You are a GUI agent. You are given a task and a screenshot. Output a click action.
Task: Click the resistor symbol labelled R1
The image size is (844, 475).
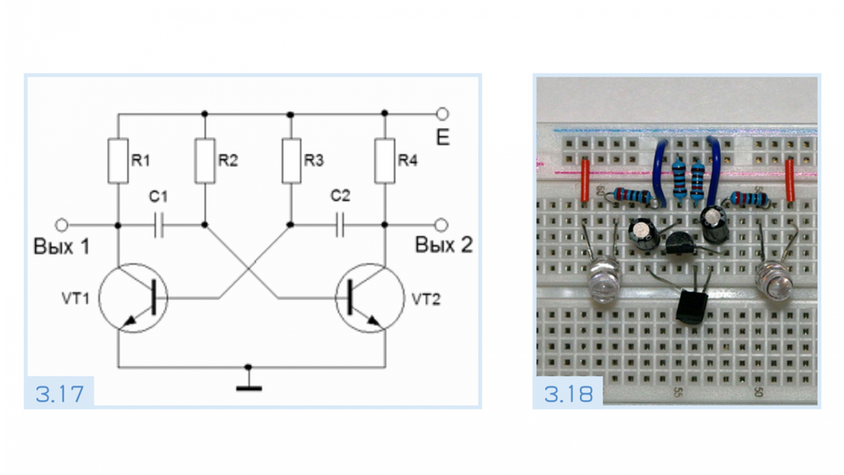click(x=119, y=162)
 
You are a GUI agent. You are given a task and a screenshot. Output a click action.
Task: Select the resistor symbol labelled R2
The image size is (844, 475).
click(x=205, y=162)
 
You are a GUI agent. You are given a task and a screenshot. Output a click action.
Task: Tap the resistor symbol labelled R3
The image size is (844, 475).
click(x=291, y=162)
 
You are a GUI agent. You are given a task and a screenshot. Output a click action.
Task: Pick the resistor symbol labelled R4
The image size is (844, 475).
click(x=386, y=162)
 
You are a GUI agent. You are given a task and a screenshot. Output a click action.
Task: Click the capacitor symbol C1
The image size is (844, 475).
click(x=160, y=225)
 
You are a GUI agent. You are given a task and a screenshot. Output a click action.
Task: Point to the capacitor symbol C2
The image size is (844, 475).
click(x=341, y=225)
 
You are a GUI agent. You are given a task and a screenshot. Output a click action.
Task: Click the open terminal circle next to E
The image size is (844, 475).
click(x=442, y=113)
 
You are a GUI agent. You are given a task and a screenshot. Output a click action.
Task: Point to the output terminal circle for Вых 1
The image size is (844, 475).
click(x=61, y=225)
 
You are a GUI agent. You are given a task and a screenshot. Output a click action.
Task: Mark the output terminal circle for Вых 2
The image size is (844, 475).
click(x=442, y=225)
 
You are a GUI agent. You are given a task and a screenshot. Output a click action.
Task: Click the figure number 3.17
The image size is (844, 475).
click(x=59, y=394)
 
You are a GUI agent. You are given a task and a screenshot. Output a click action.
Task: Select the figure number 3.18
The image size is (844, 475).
click(x=568, y=394)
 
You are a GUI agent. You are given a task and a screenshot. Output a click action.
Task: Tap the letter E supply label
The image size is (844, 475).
click(x=442, y=136)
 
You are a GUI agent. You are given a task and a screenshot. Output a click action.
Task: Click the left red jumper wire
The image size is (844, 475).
click(x=585, y=181)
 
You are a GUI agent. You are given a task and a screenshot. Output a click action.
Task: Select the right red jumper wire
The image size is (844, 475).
click(x=790, y=181)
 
